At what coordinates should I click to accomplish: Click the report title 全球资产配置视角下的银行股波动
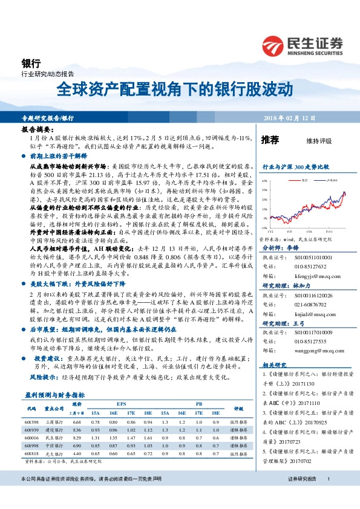click(x=175, y=89)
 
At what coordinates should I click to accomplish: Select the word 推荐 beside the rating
click(x=270, y=140)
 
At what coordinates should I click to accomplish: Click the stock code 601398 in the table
click(x=33, y=421)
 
